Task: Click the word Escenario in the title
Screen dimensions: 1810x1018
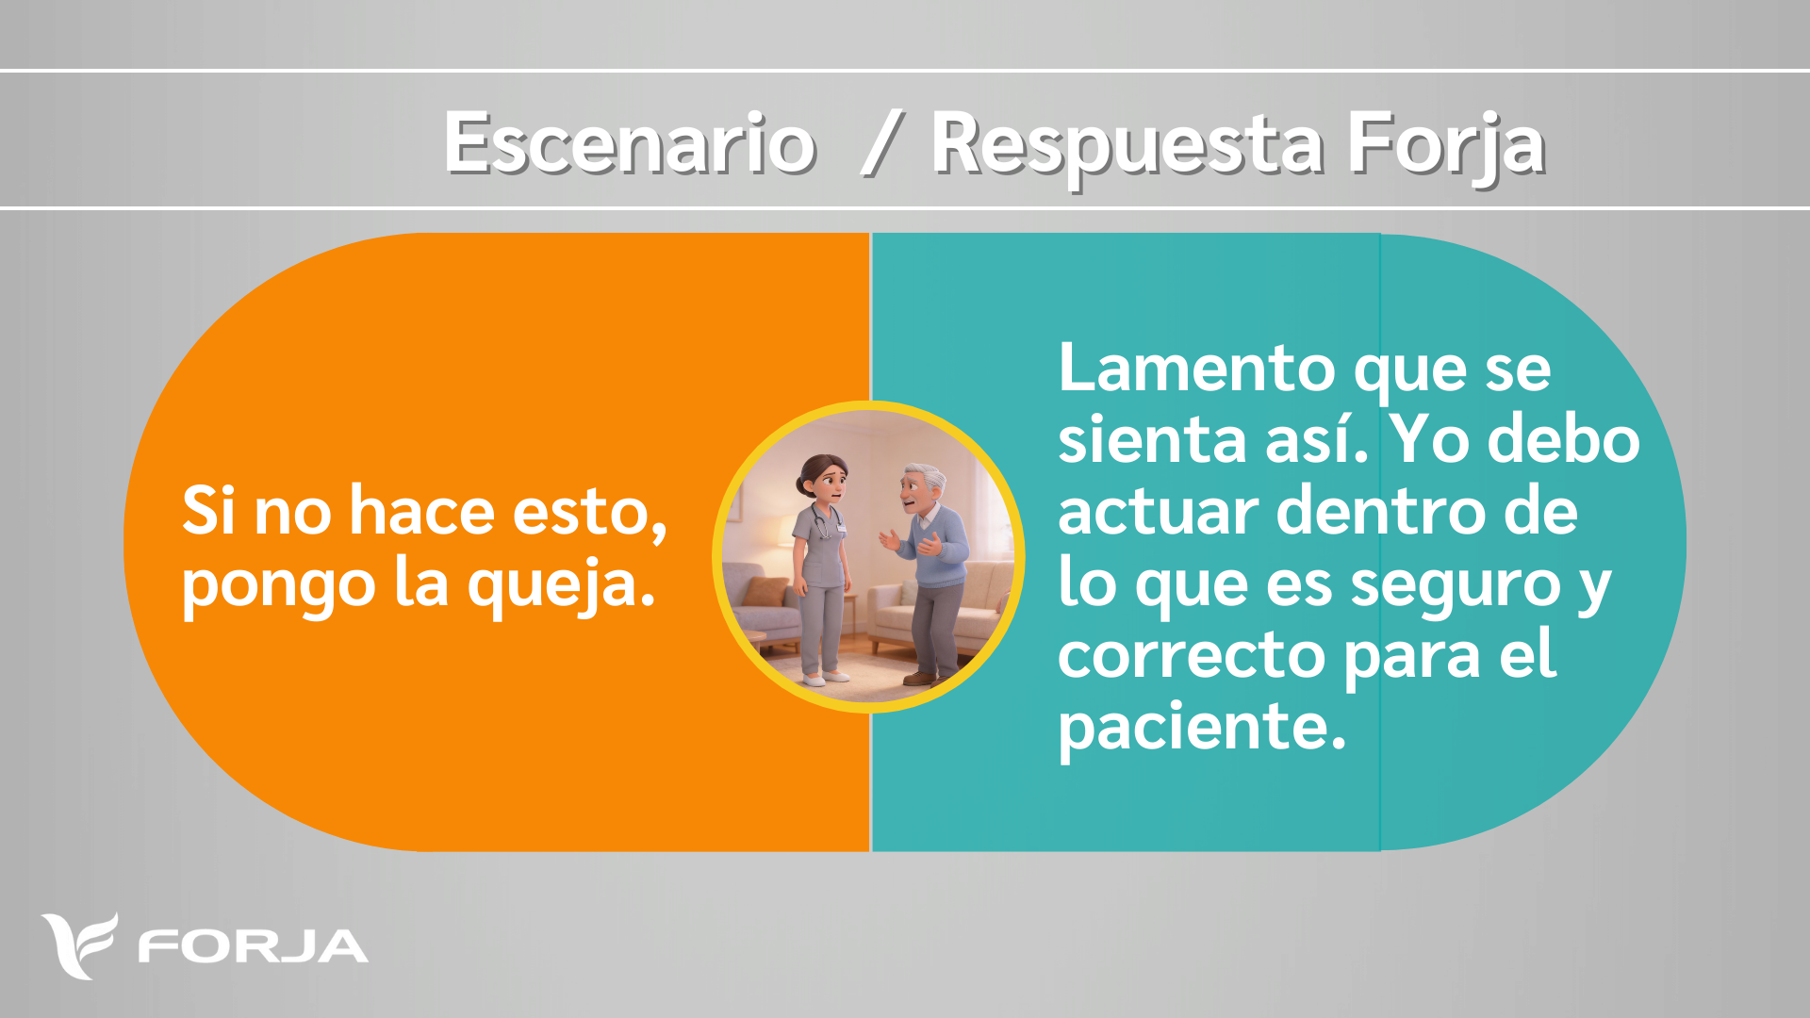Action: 630,143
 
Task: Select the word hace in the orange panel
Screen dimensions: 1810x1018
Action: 422,511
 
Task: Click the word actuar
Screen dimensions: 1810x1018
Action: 1159,513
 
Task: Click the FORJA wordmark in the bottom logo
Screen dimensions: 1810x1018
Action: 253,947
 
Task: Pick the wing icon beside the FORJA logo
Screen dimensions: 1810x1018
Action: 79,945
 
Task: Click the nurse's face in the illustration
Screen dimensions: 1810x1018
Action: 828,483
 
